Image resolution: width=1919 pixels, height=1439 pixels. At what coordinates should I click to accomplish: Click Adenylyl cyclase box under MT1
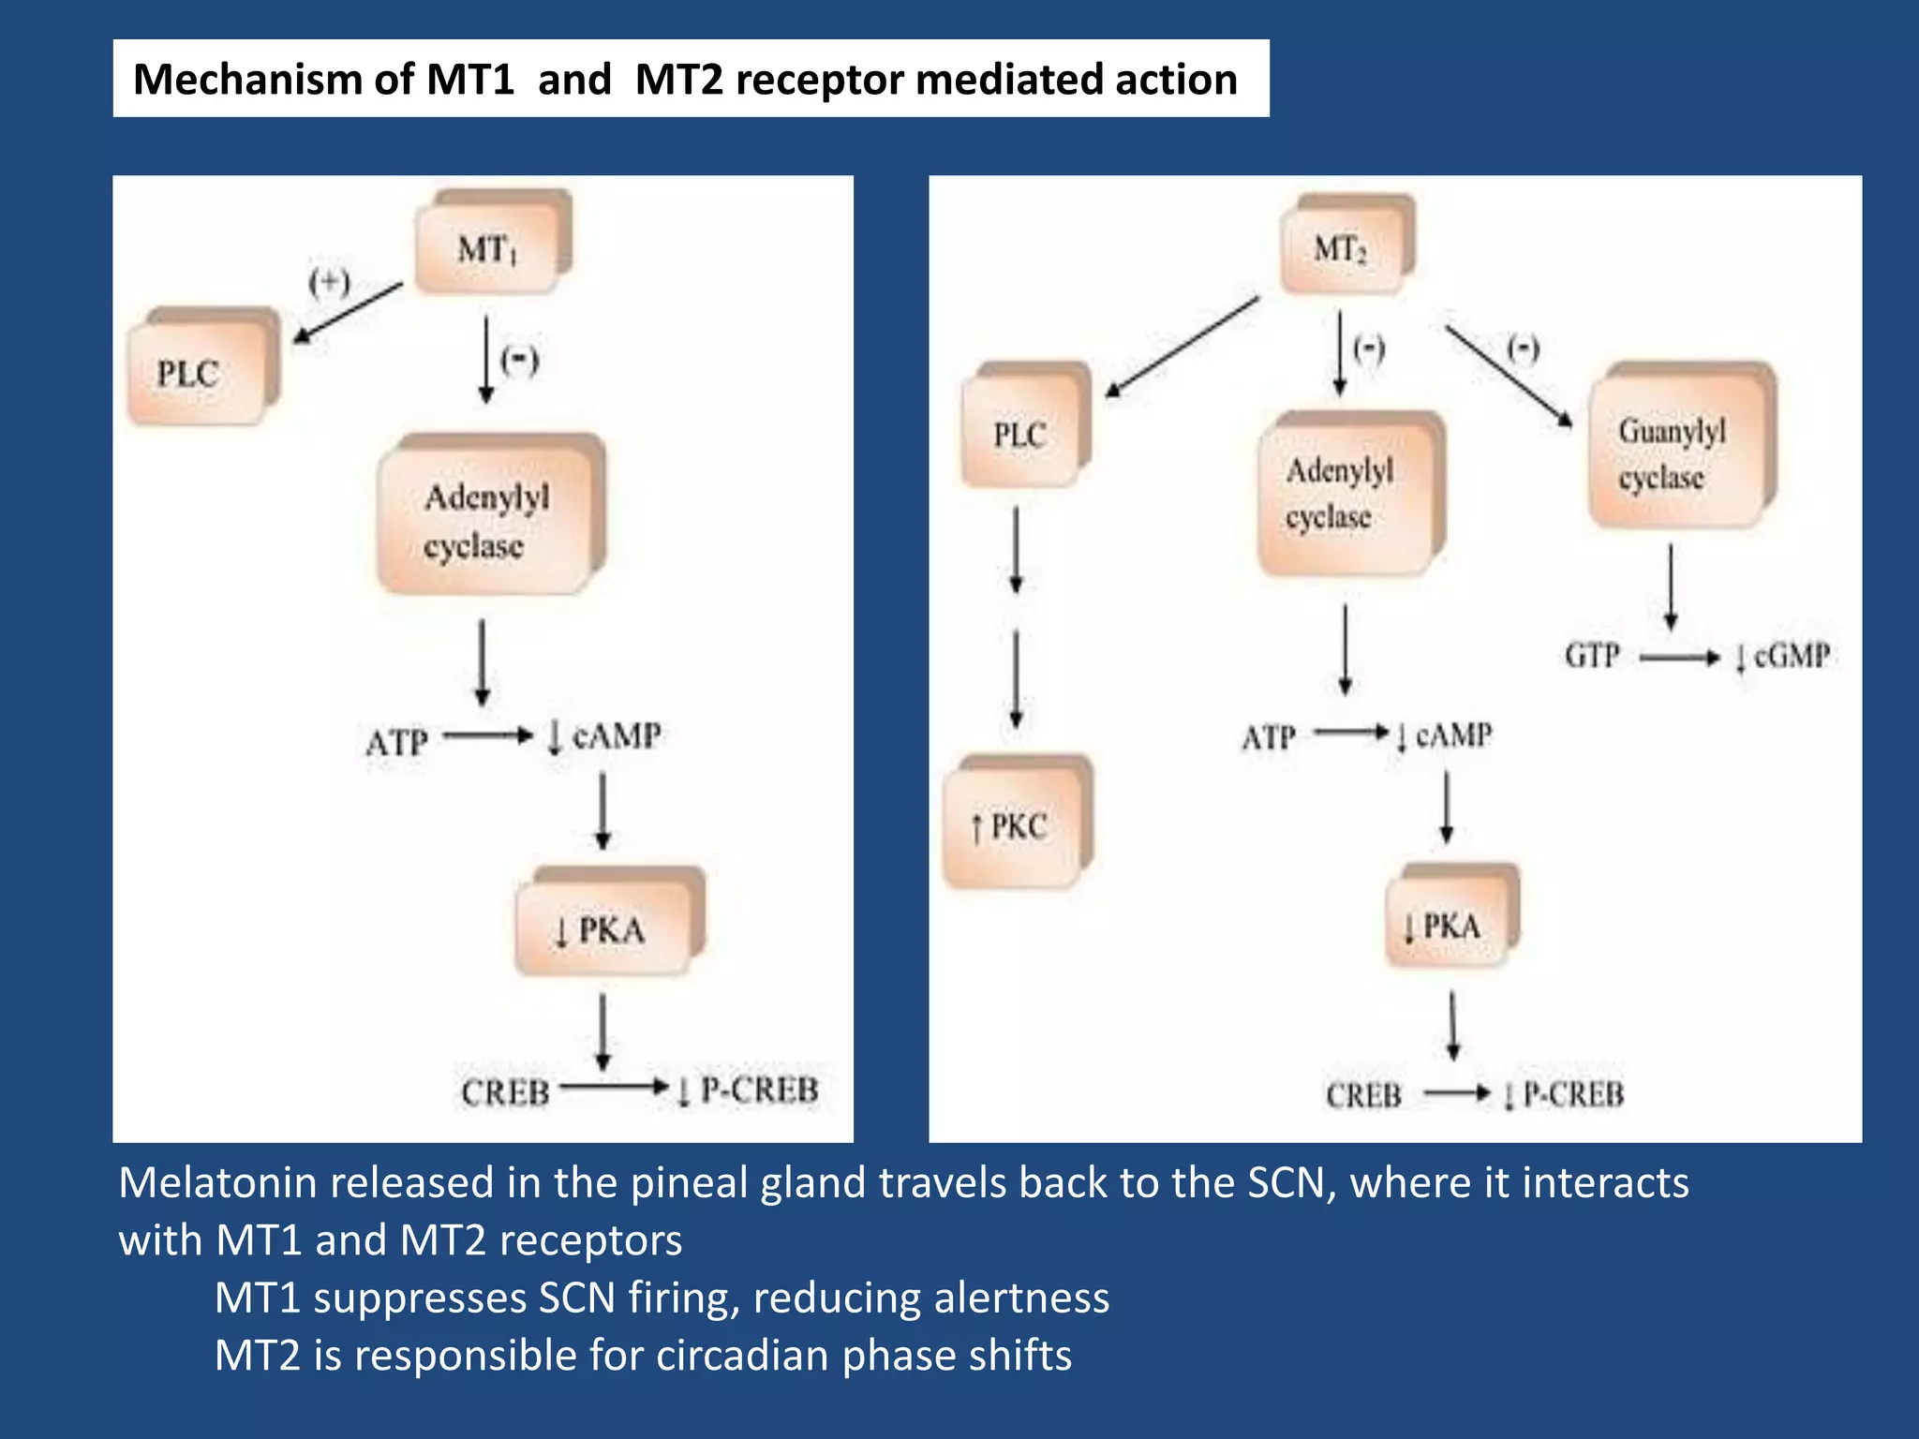point(487,519)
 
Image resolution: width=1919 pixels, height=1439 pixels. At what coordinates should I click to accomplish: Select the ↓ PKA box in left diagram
point(604,927)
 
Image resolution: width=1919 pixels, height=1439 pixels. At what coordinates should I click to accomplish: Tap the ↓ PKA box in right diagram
point(1448,923)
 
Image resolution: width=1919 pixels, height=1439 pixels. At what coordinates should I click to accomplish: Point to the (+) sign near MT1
point(329,281)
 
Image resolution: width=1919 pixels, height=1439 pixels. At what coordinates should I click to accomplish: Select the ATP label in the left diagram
point(396,742)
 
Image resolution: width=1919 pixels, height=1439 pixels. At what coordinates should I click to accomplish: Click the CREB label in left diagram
point(505,1091)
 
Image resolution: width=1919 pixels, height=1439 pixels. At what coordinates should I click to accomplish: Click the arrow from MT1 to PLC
point(348,313)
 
